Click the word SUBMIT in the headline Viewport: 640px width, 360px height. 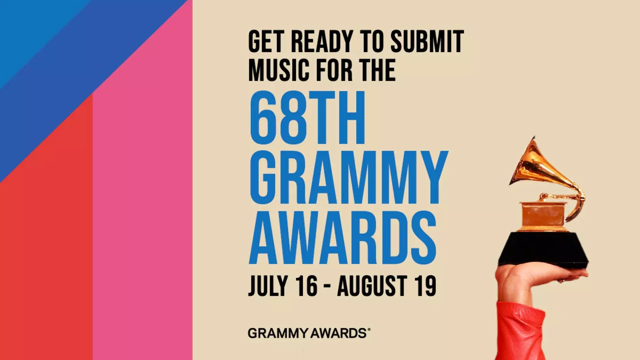pyautogui.click(x=427, y=42)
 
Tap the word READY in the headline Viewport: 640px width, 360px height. pyautogui.click(x=322, y=42)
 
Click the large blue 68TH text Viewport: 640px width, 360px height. pyautogui.click(x=307, y=118)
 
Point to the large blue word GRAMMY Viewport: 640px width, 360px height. pyautogui.click(x=348, y=177)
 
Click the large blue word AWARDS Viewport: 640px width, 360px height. pyautogui.click(x=343, y=238)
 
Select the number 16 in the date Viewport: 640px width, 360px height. pyautogui.click(x=306, y=286)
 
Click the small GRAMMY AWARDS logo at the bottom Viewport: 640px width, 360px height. pyautogui.click(x=309, y=334)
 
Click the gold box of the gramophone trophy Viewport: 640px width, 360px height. pyautogui.click(x=543, y=214)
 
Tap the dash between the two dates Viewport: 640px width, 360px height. pyautogui.click(x=327, y=287)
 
